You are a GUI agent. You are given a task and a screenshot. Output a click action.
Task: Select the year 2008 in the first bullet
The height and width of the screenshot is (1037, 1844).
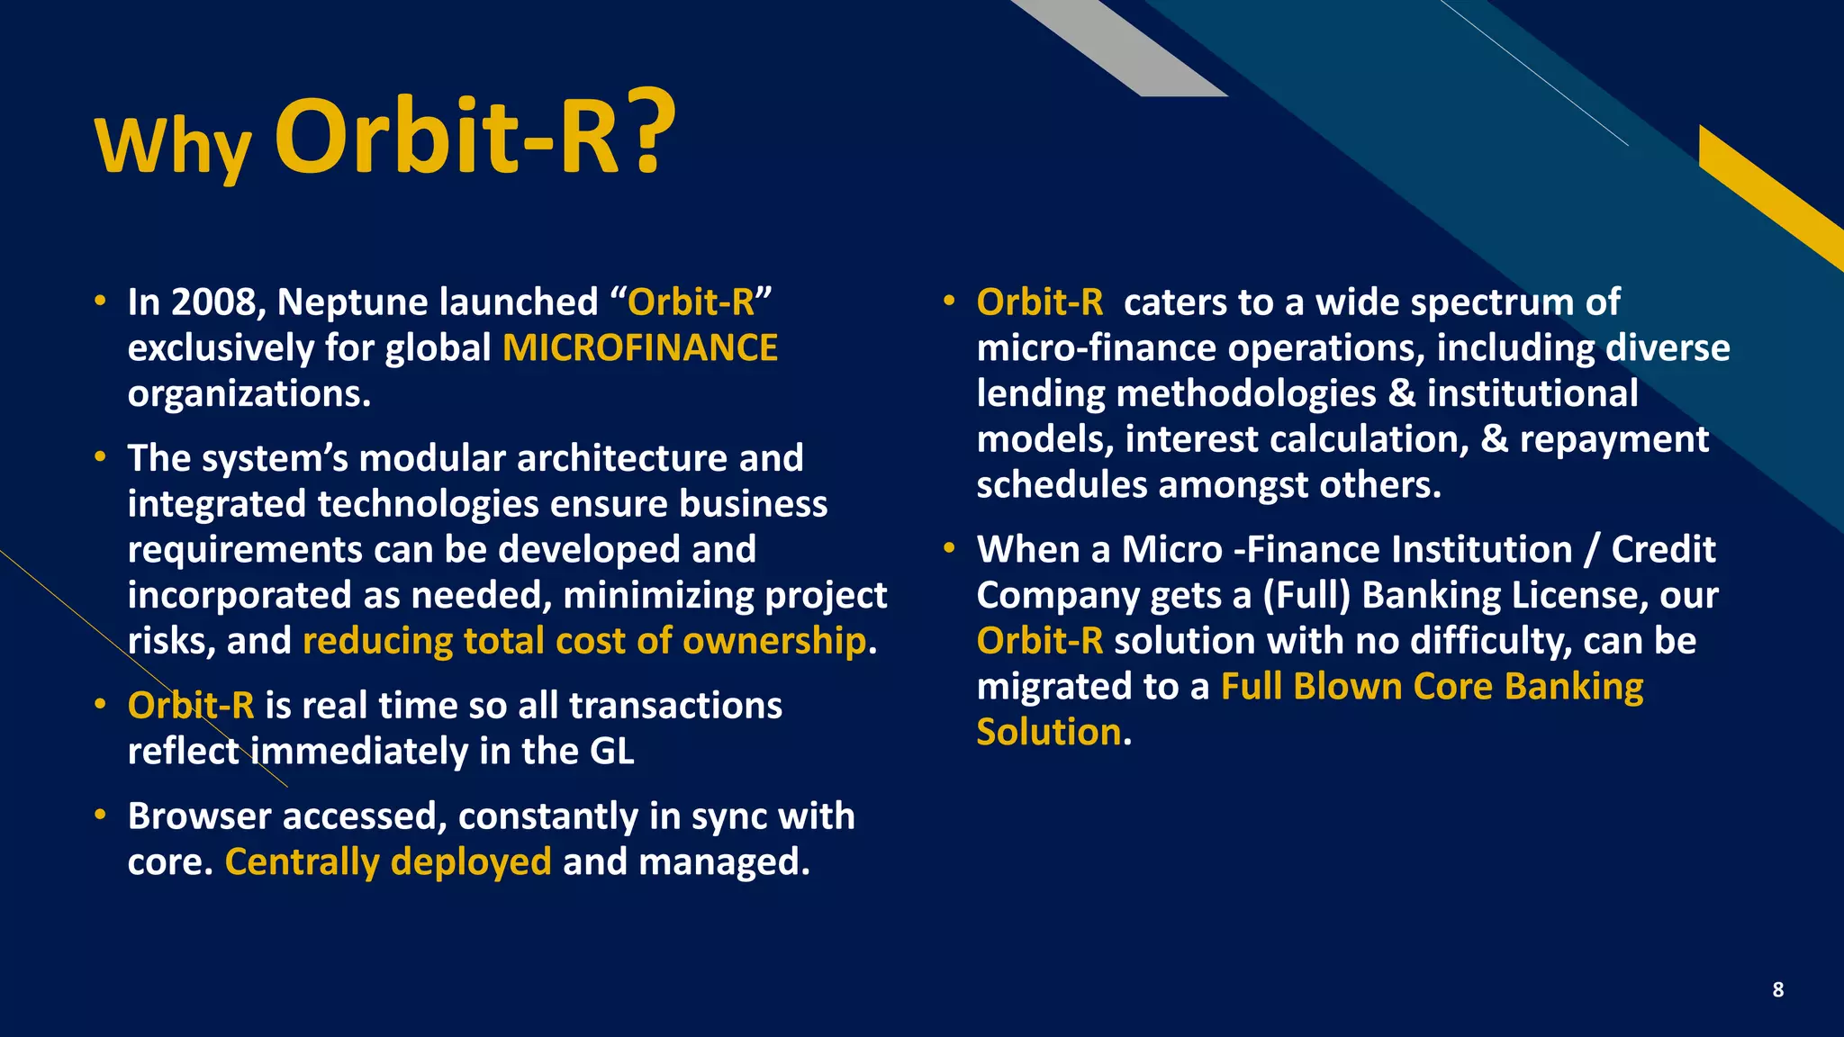pos(218,302)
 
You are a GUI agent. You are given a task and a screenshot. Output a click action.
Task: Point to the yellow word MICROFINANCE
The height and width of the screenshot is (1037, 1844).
pos(639,348)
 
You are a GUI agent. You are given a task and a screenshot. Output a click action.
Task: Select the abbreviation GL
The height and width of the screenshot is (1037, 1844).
pos(611,752)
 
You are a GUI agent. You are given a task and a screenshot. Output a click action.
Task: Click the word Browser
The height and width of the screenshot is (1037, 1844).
pos(199,816)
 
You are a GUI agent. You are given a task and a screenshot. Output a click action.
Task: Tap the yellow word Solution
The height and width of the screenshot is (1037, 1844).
pos(1049,733)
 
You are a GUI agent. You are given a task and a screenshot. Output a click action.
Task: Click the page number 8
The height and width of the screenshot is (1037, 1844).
pos(1777,990)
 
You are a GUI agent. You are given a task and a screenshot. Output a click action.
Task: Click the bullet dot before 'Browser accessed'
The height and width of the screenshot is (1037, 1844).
pos(101,816)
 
